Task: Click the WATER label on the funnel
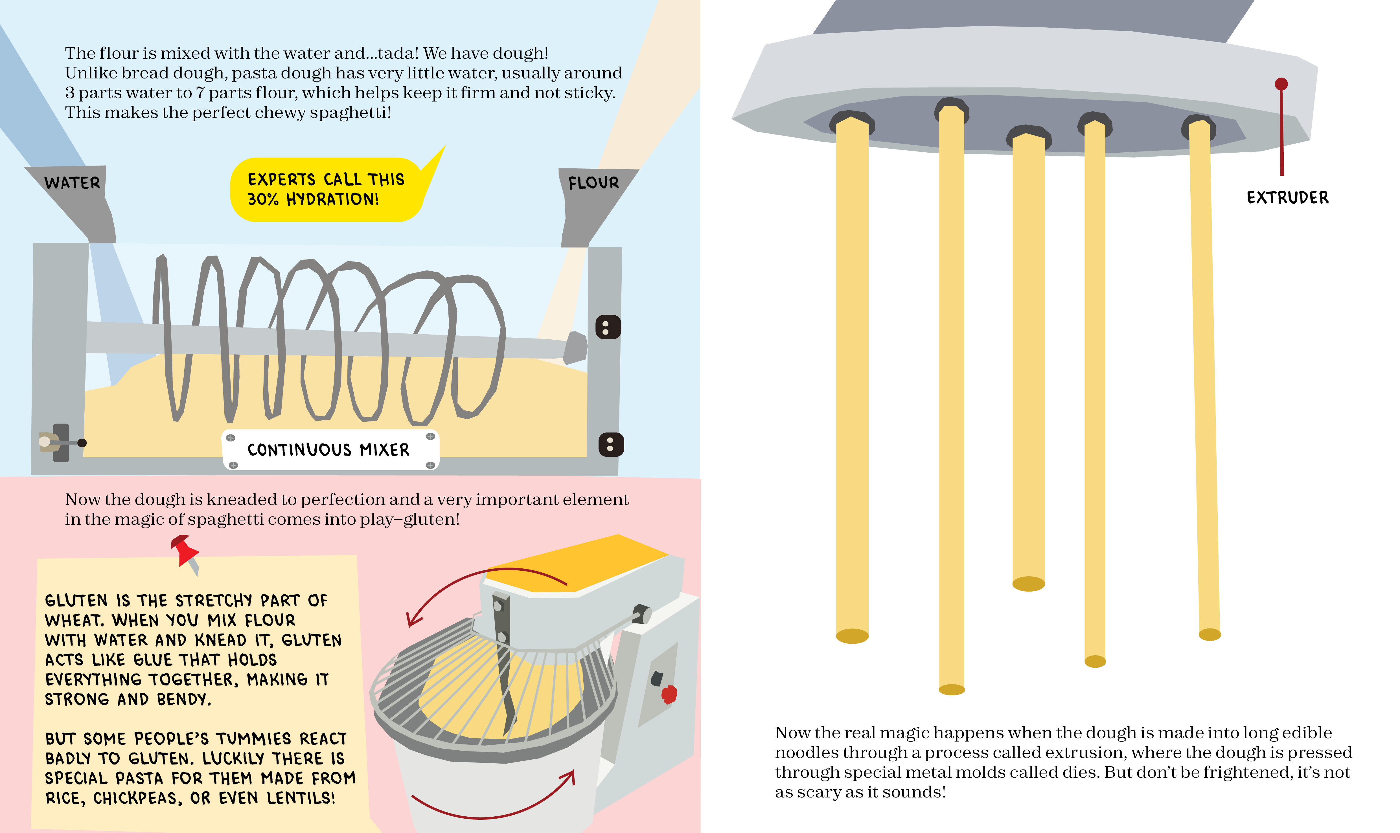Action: coord(72,183)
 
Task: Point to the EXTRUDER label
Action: coord(1287,197)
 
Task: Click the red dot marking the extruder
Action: coord(1281,84)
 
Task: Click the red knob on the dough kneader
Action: coord(669,694)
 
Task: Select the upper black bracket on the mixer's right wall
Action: coord(608,327)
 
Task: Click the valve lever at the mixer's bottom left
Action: coord(61,443)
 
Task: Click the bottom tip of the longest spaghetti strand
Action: coord(951,689)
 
